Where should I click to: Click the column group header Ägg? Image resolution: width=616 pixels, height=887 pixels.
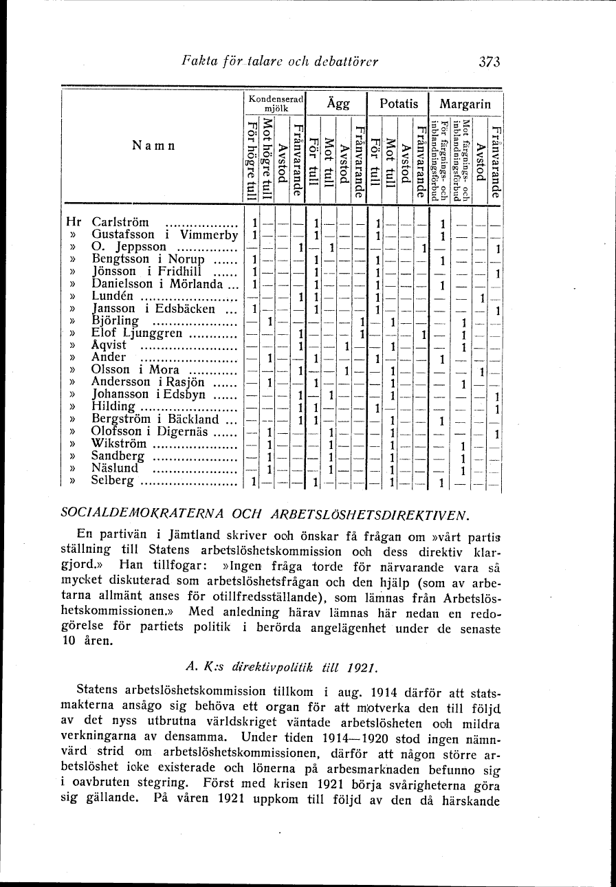pyautogui.click(x=338, y=105)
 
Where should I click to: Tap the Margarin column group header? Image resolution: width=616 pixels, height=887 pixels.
pyautogui.click(x=465, y=105)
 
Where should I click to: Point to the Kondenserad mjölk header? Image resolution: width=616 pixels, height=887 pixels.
pyautogui.click(x=275, y=103)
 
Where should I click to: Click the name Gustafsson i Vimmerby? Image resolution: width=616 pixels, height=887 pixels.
pyautogui.click(x=164, y=234)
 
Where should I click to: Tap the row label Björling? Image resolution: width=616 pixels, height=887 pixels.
pyautogui.click(x=115, y=321)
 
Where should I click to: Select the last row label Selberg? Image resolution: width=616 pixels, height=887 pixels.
pyautogui.click(x=113, y=481)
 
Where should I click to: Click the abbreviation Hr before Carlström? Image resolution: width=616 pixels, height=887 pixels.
pyautogui.click(x=73, y=223)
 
